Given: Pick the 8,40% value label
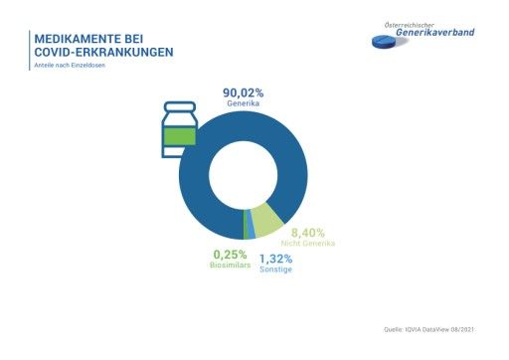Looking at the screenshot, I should click(308, 233).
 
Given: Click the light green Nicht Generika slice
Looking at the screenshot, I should click(265, 219).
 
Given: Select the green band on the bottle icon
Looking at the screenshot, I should click(180, 135).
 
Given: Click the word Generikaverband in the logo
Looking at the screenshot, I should click(436, 33).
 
